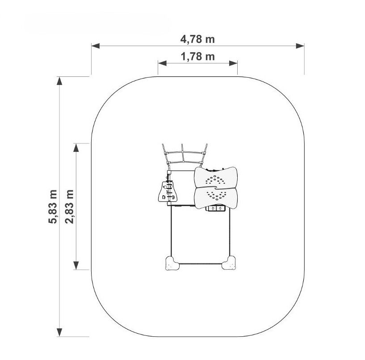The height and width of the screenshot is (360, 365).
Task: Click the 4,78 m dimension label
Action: coord(197,39)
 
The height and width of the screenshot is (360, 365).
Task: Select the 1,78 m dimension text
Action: coord(197,57)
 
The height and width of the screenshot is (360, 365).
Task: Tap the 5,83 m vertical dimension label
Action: coord(53,207)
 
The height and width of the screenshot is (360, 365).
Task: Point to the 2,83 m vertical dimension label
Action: coord(69,207)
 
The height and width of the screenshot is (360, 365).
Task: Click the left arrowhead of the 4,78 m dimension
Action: coord(96,46)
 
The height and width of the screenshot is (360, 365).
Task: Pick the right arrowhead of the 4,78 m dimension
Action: coord(300,46)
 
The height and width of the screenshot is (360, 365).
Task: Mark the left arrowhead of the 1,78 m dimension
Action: coord(162,63)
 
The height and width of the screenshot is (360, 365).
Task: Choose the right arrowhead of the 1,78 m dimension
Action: coord(233,63)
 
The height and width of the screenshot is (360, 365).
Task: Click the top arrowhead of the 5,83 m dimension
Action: coord(59,81)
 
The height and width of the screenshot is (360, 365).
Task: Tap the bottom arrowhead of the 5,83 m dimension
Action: coord(59,332)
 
